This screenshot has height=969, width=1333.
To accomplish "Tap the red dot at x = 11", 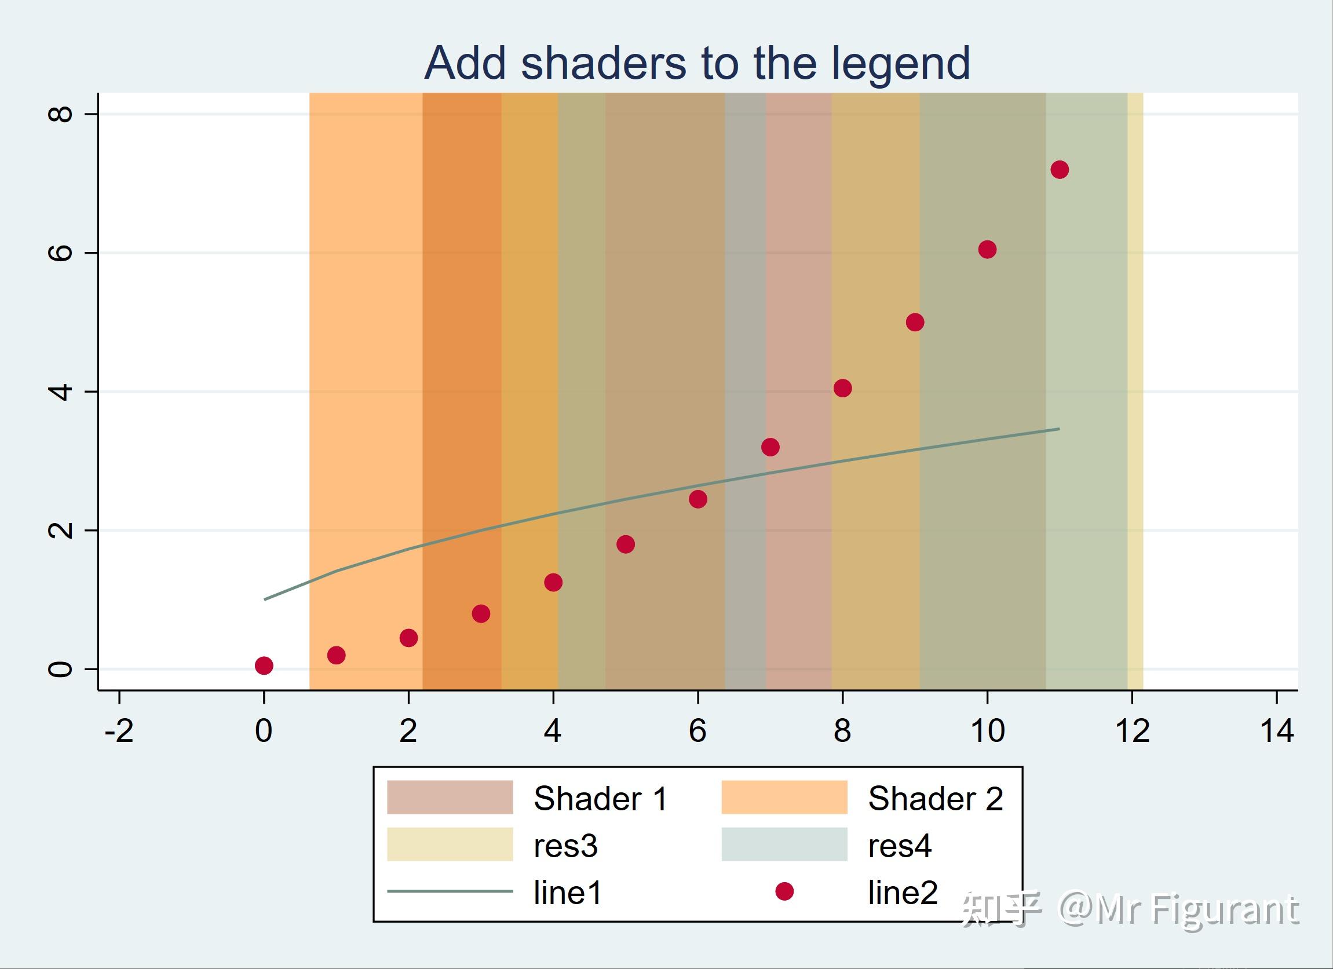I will coord(1059,170).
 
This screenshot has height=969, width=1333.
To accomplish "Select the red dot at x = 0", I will coord(264,665).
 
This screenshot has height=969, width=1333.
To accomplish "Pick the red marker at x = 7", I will coord(770,447).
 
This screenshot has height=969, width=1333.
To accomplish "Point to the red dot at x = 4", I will coord(553,582).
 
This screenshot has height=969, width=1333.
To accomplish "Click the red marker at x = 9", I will coord(915,322).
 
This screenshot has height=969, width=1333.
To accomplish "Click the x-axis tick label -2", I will coord(119,732).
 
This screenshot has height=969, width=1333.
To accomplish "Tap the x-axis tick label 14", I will coord(1277,732).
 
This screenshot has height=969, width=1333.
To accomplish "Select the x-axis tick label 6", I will coord(697,732).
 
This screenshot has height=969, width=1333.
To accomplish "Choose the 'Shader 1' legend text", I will coord(601,799).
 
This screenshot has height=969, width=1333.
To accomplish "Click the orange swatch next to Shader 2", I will coord(784,798).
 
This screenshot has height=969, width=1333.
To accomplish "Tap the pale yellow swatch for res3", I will coord(450,844).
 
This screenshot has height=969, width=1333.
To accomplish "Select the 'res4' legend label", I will coord(899,846).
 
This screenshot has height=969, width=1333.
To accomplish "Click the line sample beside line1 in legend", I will coord(450,891).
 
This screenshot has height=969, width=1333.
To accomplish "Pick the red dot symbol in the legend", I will coord(784,891).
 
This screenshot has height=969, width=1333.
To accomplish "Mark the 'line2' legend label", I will coord(903,893).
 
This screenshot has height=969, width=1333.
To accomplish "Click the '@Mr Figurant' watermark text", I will coord(1178,911).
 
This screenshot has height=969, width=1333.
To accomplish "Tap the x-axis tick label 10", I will coord(987,732).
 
